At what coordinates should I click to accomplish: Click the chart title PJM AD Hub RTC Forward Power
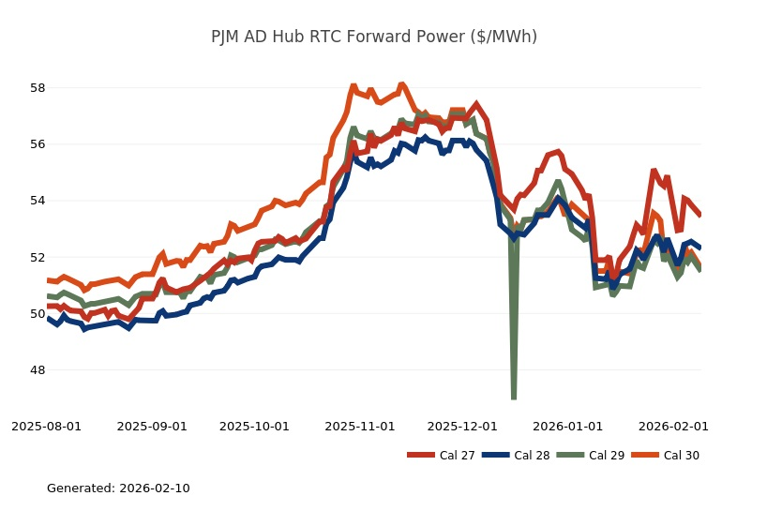[x=374, y=38]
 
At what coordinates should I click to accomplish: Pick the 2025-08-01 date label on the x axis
[x=46, y=427]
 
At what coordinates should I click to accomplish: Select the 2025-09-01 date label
[x=152, y=427]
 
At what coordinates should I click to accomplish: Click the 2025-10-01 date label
[x=254, y=427]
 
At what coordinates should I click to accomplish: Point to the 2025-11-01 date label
[x=360, y=427]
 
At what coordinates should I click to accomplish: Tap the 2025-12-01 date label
[x=462, y=427]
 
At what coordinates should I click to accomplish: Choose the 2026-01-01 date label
[x=568, y=427]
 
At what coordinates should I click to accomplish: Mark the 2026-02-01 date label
[x=673, y=427]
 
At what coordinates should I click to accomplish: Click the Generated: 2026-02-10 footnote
[x=118, y=488]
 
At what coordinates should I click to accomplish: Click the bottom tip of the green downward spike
[x=514, y=398]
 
